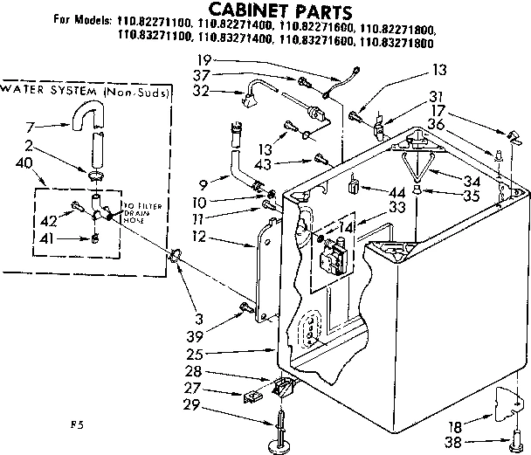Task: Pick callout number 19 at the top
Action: (x=204, y=59)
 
